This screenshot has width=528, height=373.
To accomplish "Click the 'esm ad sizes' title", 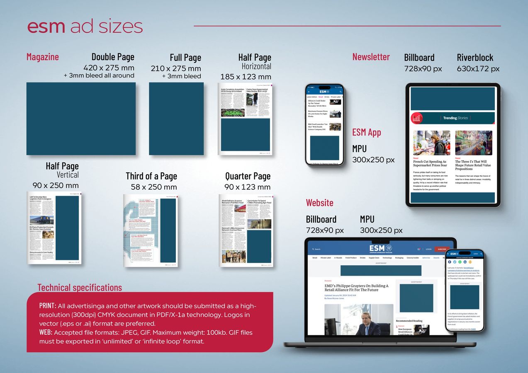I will [85, 27].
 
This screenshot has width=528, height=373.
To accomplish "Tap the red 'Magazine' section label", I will [43, 57].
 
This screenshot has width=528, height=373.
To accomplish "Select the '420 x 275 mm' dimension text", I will [109, 68].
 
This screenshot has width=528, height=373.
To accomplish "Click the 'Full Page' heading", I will [185, 58].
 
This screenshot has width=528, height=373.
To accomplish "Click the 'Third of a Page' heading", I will [151, 176].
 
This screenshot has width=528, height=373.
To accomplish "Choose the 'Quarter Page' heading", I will [248, 176].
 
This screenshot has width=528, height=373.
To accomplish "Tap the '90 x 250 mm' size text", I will [56, 185].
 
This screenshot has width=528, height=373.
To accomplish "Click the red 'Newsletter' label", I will [371, 57].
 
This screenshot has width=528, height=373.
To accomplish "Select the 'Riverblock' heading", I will [475, 58].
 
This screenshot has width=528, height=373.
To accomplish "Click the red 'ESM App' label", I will [367, 132].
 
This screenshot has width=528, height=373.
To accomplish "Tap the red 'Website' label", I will [319, 203].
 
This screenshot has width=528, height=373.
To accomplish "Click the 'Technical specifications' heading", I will [80, 288].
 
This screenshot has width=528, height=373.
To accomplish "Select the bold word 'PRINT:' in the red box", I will [48, 306].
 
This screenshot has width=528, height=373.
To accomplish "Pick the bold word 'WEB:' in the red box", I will [46, 332].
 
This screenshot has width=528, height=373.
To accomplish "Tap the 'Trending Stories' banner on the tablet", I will [455, 118].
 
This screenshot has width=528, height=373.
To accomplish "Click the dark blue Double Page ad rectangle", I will [81, 119].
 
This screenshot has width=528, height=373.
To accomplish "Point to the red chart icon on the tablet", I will [416, 118].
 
